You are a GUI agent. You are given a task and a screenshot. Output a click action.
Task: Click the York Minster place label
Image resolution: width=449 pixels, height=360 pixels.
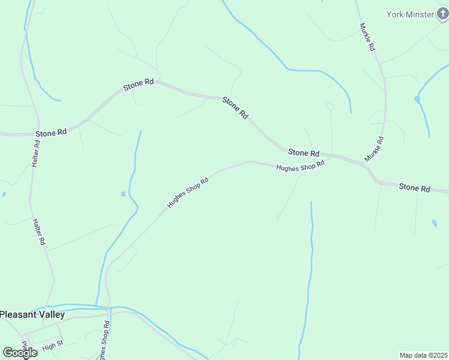point(409,14)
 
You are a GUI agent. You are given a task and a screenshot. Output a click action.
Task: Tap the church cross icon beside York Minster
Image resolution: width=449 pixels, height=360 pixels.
point(442,14)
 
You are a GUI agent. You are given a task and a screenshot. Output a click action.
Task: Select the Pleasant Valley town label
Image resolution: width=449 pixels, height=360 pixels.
point(32,314)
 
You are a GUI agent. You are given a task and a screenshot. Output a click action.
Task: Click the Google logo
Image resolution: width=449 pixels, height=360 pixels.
point(20,352)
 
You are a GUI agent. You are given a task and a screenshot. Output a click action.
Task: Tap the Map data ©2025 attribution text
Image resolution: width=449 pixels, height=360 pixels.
point(424,355)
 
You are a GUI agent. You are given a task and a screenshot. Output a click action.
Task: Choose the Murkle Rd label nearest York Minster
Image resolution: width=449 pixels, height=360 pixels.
point(367,37)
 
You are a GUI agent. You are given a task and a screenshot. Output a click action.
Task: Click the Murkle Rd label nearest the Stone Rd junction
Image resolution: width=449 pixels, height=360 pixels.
point(374,149)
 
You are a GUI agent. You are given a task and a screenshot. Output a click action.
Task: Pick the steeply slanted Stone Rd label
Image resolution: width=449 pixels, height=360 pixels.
point(235,107)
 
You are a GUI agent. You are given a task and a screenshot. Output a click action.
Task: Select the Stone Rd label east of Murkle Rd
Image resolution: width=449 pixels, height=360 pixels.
point(414,188)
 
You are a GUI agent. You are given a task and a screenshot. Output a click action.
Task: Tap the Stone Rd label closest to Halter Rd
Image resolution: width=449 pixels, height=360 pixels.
point(51,133)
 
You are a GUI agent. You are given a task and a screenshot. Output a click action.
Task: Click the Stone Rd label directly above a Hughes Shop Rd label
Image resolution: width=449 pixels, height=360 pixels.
point(303,153)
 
